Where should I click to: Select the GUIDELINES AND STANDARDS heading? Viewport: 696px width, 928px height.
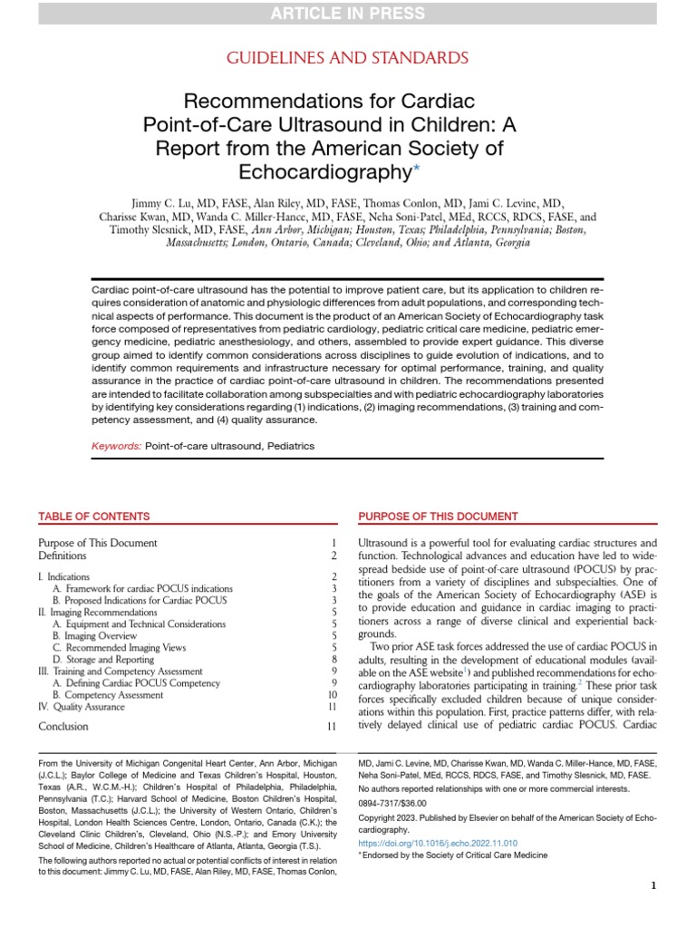click(347, 58)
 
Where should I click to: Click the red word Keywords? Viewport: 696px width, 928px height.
click(116, 447)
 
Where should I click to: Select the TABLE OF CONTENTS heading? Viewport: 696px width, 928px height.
click(94, 517)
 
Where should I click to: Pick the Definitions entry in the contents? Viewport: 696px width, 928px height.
click(63, 556)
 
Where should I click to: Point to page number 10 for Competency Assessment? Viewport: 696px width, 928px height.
click(331, 694)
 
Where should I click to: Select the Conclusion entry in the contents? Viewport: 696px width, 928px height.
click(63, 726)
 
